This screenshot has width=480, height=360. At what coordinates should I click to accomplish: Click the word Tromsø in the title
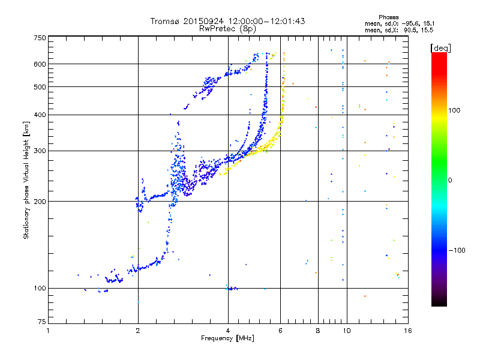(165, 21)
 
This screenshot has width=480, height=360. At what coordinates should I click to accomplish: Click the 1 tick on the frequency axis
(48, 331)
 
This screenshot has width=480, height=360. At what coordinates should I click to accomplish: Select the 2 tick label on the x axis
(138, 331)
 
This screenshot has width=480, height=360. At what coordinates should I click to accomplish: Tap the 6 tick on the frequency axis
(280, 331)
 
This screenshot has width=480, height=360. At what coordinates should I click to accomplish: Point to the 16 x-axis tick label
(407, 331)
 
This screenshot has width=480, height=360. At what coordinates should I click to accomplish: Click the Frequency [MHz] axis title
(227, 338)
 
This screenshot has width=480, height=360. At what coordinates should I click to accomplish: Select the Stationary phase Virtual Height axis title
(26, 181)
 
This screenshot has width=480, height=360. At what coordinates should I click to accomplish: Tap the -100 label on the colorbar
(457, 250)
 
